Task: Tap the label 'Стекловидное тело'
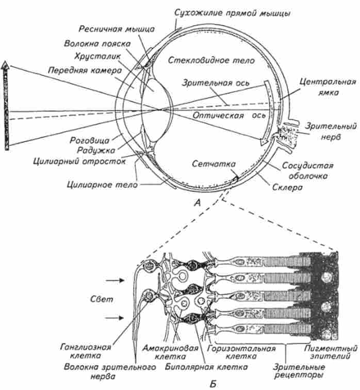tap(211, 60)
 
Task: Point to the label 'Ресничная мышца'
tap(106, 30)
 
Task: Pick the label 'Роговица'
tap(84, 140)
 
